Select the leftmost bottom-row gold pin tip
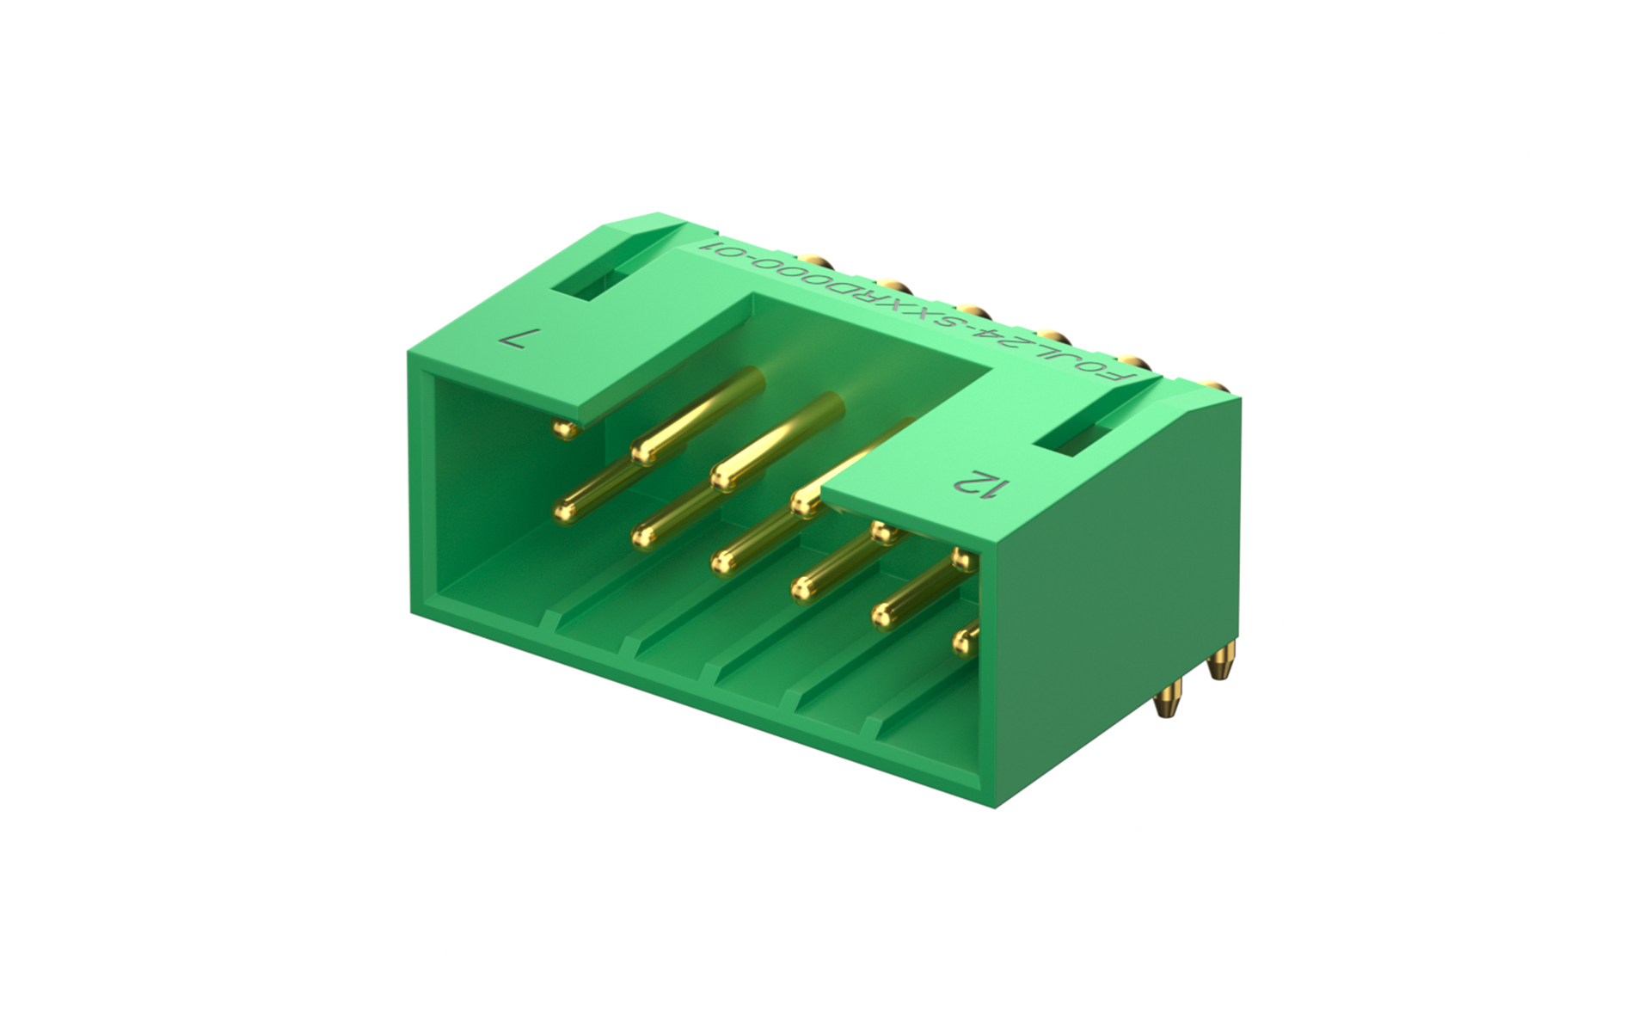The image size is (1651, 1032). (x=564, y=513)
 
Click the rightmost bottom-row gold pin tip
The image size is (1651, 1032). (x=962, y=641)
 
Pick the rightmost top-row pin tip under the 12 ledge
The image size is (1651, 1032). (x=963, y=561)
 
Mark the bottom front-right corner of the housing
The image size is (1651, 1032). (x=996, y=807)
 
